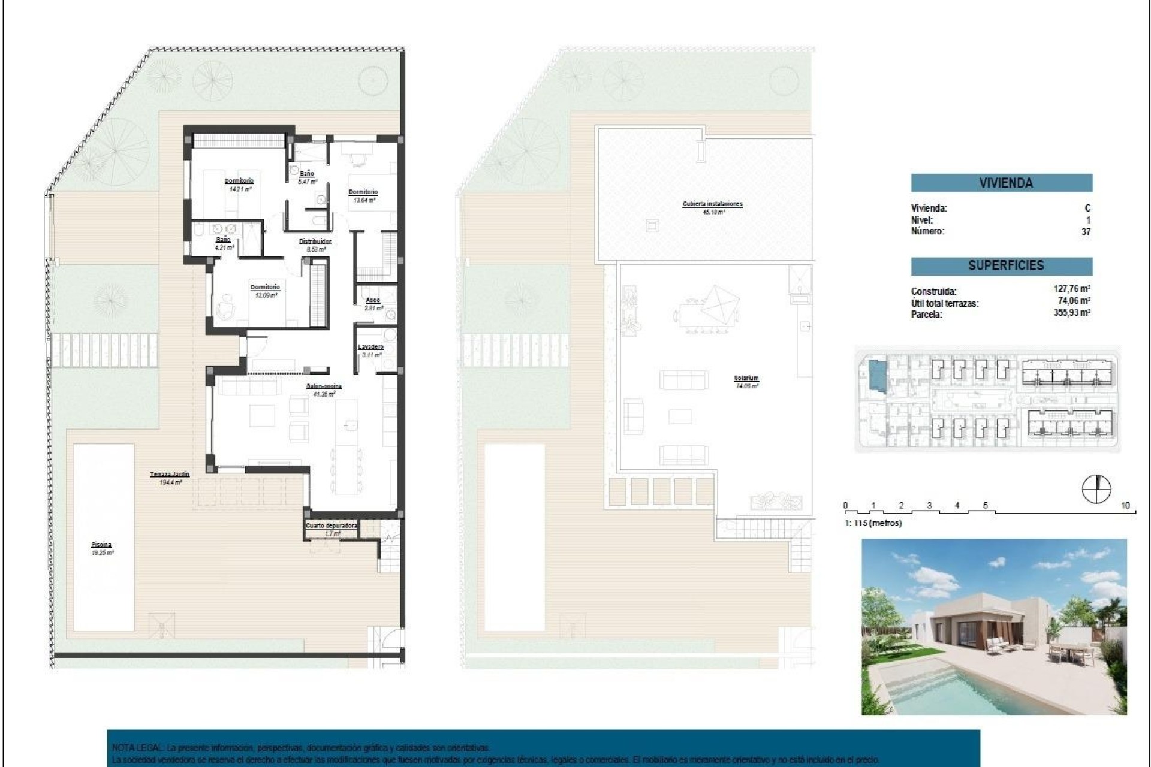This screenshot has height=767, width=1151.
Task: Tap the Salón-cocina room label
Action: point(324,386)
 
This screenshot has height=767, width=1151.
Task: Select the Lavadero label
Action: point(370,347)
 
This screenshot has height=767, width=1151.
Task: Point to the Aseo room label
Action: point(372,301)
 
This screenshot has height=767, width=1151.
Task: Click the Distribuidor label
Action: point(315,241)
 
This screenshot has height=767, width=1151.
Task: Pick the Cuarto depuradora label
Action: point(332,526)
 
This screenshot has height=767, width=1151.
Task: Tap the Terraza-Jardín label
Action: point(170,474)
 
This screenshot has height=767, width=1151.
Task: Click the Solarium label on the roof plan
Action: point(746,378)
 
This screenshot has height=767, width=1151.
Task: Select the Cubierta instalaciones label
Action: point(712,204)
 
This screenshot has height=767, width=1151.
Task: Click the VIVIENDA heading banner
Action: point(1001,183)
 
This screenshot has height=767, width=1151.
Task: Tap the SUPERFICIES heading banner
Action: point(1001,265)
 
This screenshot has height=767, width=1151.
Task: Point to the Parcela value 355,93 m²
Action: point(1072,313)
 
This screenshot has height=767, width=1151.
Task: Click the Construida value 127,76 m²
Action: point(1072,289)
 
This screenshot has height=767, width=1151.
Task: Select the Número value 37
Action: point(1086,232)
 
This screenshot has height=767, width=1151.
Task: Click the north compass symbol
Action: point(1096,489)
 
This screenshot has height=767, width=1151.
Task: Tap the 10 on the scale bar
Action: point(1125,505)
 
